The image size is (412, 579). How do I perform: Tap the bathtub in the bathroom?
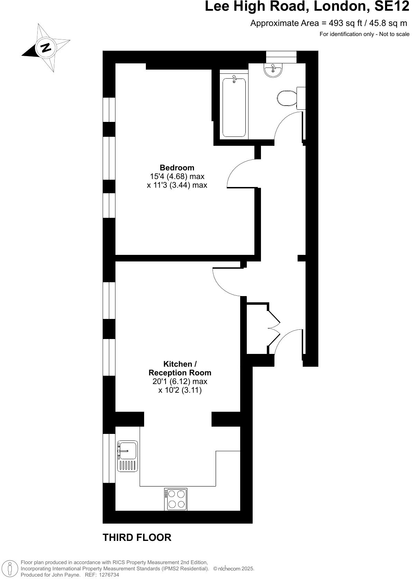pyautogui.click(x=234, y=107)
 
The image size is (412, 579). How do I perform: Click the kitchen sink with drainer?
pyautogui.click(x=128, y=456)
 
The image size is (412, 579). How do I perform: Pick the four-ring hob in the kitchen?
pyautogui.click(x=176, y=499)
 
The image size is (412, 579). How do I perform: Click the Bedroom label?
pyautogui.click(x=177, y=168)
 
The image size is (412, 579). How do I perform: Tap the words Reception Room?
pyautogui.click(x=180, y=373)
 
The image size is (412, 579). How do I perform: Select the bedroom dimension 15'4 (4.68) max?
pyautogui.click(x=177, y=176)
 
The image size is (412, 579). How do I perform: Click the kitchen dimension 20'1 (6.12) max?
pyautogui.click(x=180, y=381)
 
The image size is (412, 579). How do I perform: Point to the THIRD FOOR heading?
pyautogui.click(x=137, y=537)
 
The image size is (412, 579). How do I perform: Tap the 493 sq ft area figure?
pyautogui.click(x=345, y=23)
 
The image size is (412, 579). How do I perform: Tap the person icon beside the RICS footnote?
pyautogui.click(x=10, y=568)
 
